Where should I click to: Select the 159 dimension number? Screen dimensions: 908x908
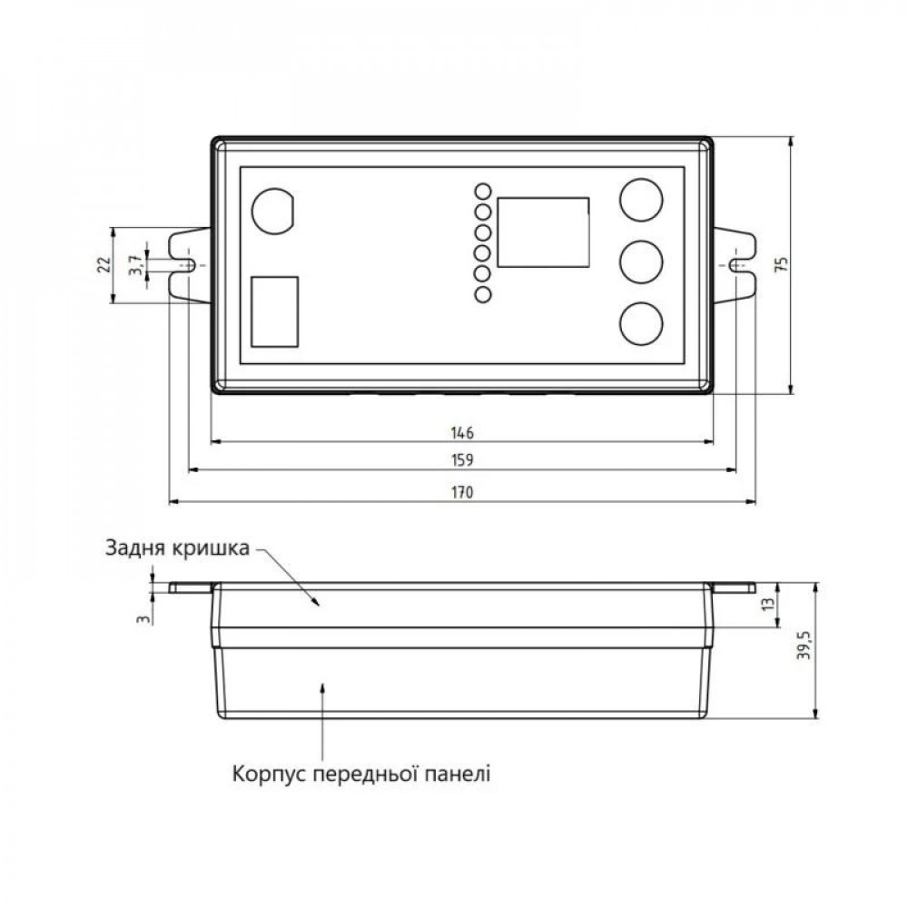(x=462, y=460)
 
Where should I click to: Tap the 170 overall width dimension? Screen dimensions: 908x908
(x=462, y=491)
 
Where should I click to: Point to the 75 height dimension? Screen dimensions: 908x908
(x=782, y=264)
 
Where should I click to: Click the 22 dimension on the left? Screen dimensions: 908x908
(x=104, y=264)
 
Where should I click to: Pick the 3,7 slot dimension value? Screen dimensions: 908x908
(x=134, y=265)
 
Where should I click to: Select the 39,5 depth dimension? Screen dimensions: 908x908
(x=804, y=647)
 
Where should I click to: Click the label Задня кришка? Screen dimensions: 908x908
(x=177, y=548)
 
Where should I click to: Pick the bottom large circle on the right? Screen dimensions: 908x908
(x=641, y=323)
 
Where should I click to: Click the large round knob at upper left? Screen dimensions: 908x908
(x=271, y=211)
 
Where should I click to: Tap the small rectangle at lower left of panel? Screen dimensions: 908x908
(x=274, y=311)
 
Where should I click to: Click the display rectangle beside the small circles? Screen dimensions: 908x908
(x=542, y=232)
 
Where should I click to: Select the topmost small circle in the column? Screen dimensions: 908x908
(x=483, y=192)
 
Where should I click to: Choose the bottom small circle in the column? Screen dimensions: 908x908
(x=483, y=293)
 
